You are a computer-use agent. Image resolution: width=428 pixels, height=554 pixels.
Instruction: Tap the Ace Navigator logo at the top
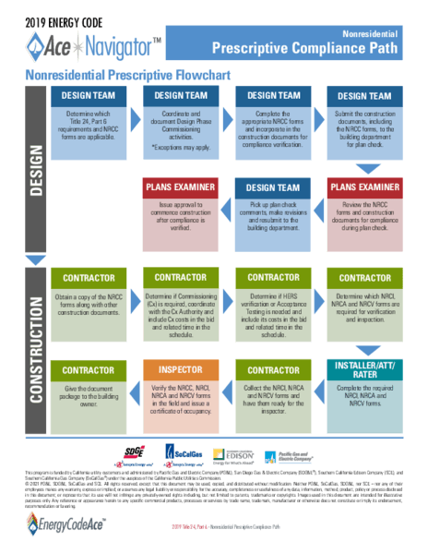[x=92, y=42]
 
